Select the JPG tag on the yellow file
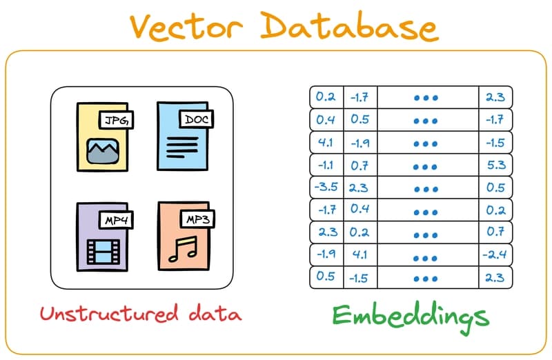point(116,121)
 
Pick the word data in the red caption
point(217,314)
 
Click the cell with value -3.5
point(326,188)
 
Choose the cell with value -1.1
point(326,165)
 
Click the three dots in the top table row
point(426,98)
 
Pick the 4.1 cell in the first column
point(326,143)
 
